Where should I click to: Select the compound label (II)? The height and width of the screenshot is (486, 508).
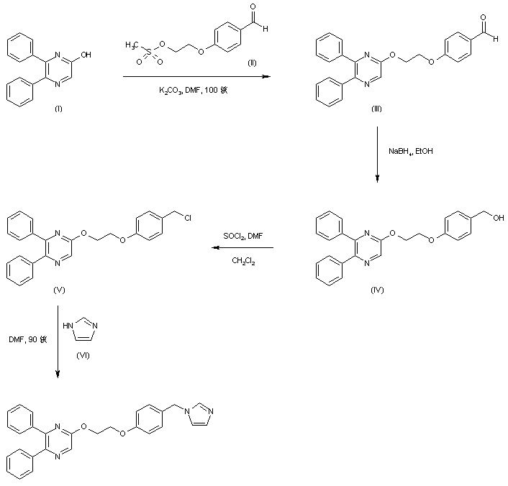pos(252,64)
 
